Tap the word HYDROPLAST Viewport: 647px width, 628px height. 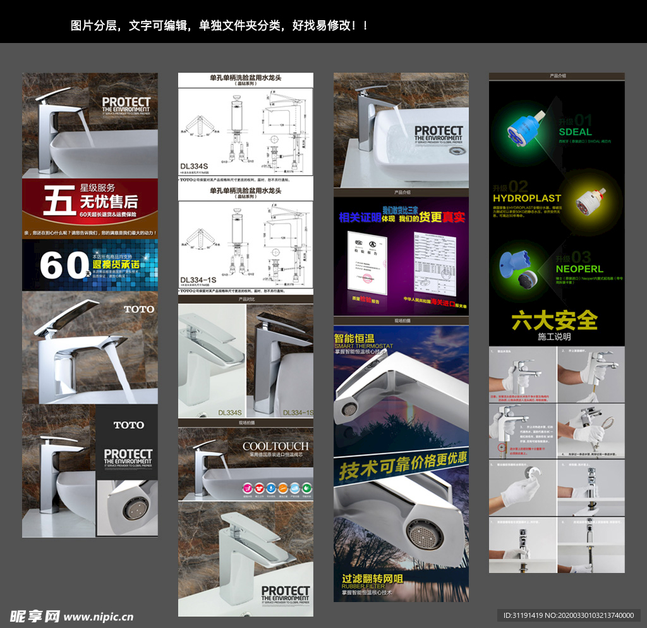pyautogui.click(x=527, y=199)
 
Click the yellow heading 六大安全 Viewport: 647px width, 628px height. pyautogui.click(x=555, y=320)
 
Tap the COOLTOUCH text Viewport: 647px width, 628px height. pyautogui.click(x=275, y=446)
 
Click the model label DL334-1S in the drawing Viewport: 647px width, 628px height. pyautogui.click(x=198, y=280)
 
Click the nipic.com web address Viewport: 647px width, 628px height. pyautogui.click(x=99, y=617)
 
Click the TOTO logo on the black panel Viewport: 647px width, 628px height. pyautogui.click(x=128, y=425)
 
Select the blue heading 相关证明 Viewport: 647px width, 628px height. pyautogui.click(x=360, y=218)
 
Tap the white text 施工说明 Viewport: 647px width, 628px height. pyautogui.click(x=554, y=337)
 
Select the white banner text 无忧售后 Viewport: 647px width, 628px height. pyautogui.click(x=109, y=202)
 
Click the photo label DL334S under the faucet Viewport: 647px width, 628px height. pyautogui.click(x=230, y=412)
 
